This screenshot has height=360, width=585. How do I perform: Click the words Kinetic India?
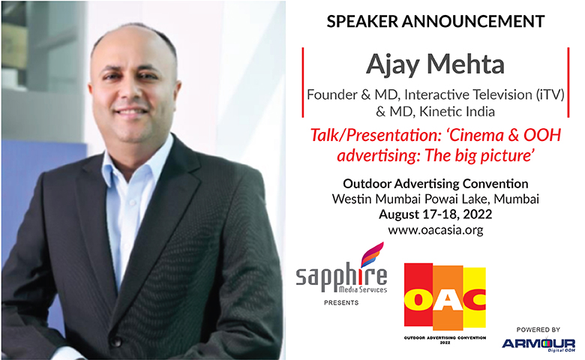[457, 112]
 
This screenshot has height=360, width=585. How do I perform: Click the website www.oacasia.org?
[436, 229]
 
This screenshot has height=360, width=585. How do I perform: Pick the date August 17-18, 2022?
[436, 214]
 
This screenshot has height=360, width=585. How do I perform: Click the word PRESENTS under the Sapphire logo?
[341, 302]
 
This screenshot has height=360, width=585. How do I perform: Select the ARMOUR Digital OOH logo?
[538, 344]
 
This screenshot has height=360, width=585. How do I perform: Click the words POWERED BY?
[538, 330]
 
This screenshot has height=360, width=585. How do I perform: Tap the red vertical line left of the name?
[302, 82]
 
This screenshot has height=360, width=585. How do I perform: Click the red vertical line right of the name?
[568, 82]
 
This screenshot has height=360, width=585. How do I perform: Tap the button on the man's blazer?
[116, 341]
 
